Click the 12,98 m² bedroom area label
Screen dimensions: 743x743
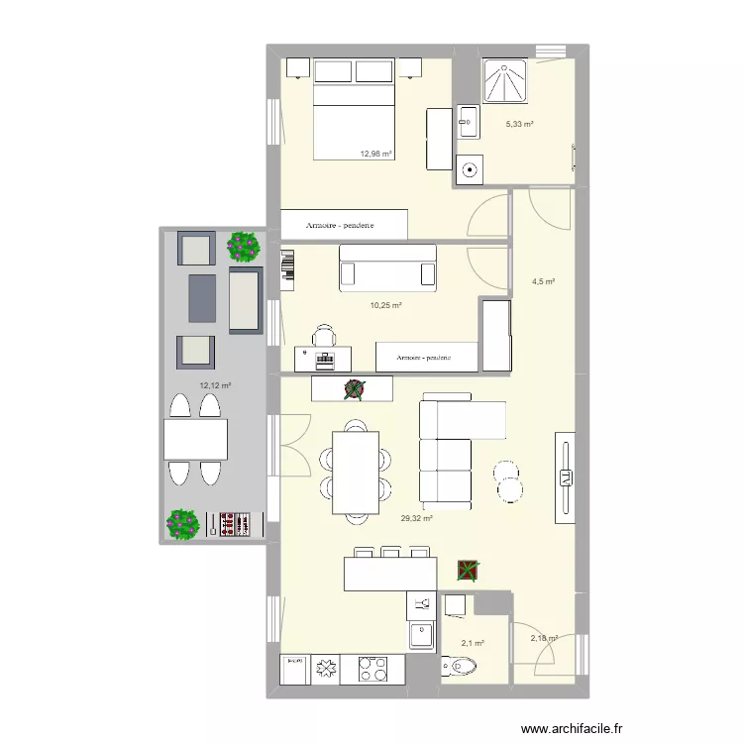tap(375, 154)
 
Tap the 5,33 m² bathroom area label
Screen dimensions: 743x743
tap(520, 124)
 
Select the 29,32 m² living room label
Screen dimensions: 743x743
tap(417, 517)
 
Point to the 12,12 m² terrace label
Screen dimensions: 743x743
tap(215, 386)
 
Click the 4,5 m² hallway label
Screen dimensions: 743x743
tap(543, 281)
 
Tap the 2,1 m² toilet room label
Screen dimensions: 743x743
tap(472, 643)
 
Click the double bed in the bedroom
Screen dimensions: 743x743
tap(355, 109)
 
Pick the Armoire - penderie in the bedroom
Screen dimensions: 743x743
tap(343, 225)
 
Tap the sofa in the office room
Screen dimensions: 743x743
tap(387, 267)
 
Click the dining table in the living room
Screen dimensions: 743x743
tap(355, 467)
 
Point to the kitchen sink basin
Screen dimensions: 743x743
tap(421, 635)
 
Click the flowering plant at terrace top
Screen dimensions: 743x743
tap(243, 246)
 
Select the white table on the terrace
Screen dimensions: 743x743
tap(195, 439)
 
